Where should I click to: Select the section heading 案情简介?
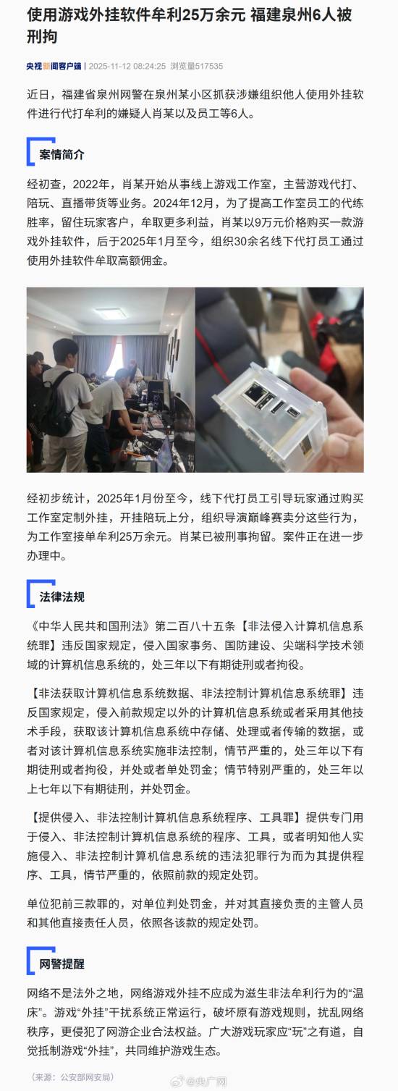click(x=62, y=155)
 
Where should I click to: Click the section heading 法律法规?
click(x=62, y=597)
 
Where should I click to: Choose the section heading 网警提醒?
click(x=62, y=963)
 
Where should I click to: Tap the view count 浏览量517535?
click(x=196, y=65)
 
